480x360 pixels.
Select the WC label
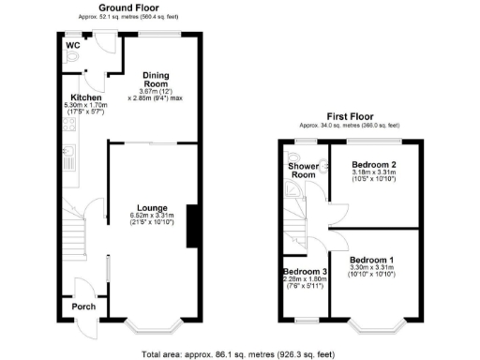73,42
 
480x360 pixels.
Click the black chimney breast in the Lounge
192,226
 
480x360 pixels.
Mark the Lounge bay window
152,327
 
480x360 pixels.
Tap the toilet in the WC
75,55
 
